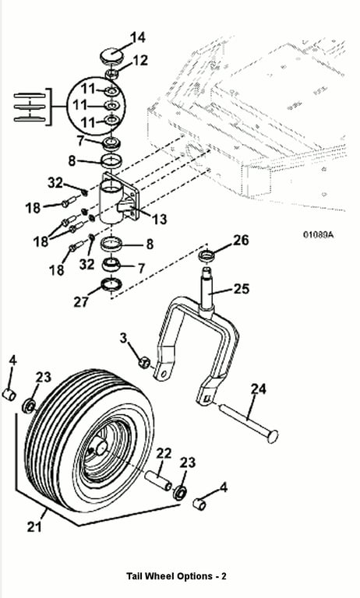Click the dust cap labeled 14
pyautogui.click(x=111, y=56)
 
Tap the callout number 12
pyautogui.click(x=139, y=60)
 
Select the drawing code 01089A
pyautogui.click(x=318, y=234)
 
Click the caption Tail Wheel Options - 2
pyautogui.click(x=176, y=575)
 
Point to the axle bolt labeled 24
pyautogui.click(x=249, y=424)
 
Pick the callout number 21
pyautogui.click(x=34, y=526)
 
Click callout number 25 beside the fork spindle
pyautogui.click(x=242, y=289)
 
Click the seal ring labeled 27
pyautogui.click(x=111, y=285)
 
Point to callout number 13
pyautogui.click(x=159, y=219)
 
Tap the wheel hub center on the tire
pyautogui.click(x=100, y=447)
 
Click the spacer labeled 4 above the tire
pyautogui.click(x=9, y=394)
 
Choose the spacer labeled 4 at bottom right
pyautogui.click(x=199, y=505)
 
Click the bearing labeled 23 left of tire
pyautogui.click(x=29, y=406)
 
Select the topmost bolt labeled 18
pyautogui.click(x=70, y=202)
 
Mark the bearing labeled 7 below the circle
pyautogui.click(x=112, y=144)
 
